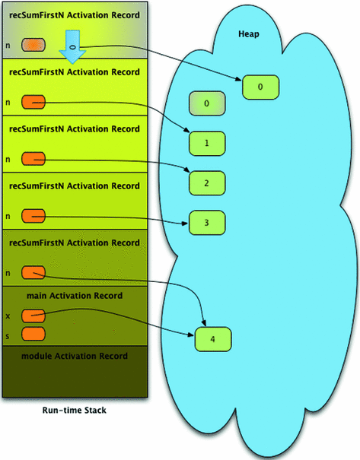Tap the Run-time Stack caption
73,411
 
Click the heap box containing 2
207,182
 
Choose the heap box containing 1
207,142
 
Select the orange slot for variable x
33,316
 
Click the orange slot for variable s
33,334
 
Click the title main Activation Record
74,295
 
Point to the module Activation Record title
74,356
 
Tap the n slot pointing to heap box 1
33,101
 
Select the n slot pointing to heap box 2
33,158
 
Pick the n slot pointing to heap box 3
33,215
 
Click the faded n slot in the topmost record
33,46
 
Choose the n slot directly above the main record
33,272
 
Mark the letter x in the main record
8,316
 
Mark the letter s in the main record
8,334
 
